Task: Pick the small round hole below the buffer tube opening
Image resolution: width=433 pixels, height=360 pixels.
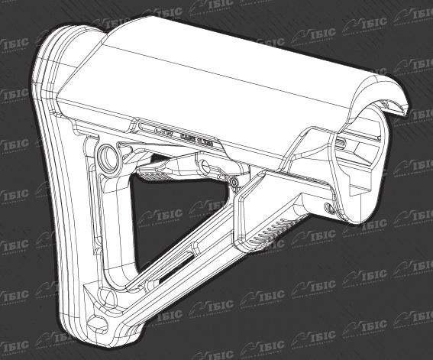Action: pos(329,206)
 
